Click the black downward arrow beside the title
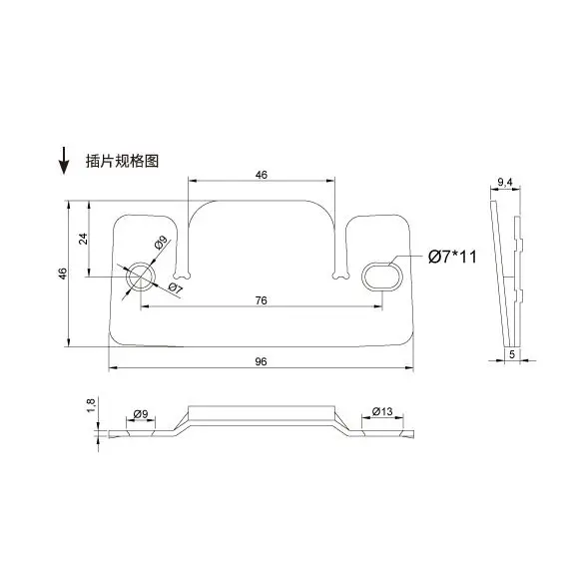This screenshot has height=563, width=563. [x=64, y=159]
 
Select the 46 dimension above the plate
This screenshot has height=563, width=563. [x=262, y=175]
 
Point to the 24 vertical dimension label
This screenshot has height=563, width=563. [x=84, y=239]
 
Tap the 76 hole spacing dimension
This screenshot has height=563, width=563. [x=260, y=300]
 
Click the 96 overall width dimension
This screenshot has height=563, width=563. [x=260, y=361]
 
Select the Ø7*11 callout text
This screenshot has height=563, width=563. [x=452, y=258]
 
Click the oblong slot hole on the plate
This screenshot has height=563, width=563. [x=381, y=275]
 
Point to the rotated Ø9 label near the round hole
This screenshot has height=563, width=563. [x=160, y=243]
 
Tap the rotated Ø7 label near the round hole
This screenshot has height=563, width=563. [x=173, y=288]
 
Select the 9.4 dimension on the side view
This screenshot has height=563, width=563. [x=504, y=183]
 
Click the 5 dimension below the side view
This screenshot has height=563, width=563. [x=511, y=353]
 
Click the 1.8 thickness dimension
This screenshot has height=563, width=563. [x=90, y=405]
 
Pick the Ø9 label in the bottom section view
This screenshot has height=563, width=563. [x=140, y=413]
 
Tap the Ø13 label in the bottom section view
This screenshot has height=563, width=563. [x=380, y=412]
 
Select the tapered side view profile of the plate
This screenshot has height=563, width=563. [x=508, y=270]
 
